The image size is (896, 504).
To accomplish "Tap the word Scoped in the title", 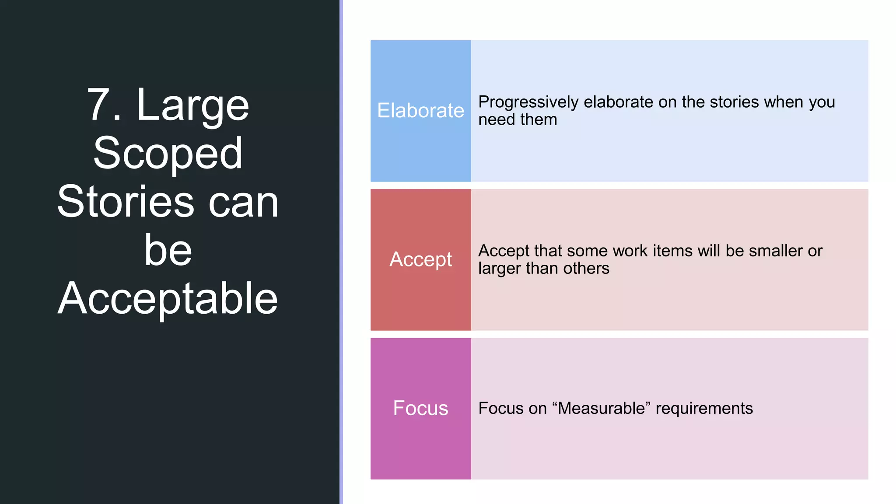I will (x=168, y=153).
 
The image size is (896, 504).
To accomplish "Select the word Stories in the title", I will (x=126, y=202).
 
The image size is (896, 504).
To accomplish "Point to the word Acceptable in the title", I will (x=168, y=298).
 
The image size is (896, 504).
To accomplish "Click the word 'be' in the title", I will (x=168, y=250).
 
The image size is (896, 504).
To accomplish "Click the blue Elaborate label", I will (x=420, y=110).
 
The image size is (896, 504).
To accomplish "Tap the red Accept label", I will (x=420, y=259).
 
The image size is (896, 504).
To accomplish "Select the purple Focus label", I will (x=420, y=408).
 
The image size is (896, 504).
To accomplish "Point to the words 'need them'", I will (x=518, y=119).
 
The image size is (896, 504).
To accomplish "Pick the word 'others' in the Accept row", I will (x=586, y=268).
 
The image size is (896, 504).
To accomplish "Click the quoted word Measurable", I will (x=602, y=408).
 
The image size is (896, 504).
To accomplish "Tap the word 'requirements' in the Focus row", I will (x=704, y=408).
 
